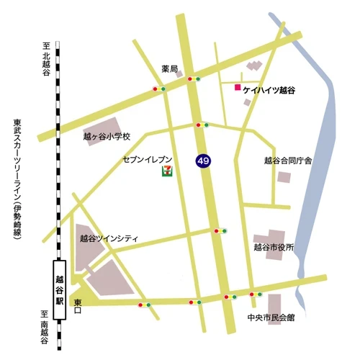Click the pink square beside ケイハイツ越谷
(237, 88)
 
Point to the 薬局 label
(169, 70)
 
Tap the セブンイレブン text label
(147, 156)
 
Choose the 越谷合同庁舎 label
(287, 160)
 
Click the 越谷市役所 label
(274, 247)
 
